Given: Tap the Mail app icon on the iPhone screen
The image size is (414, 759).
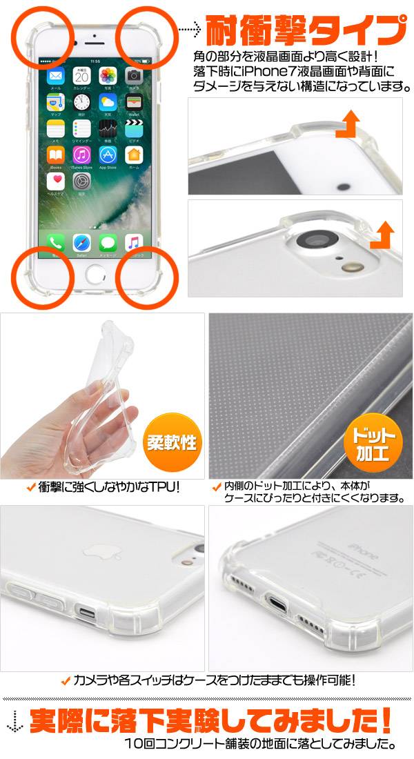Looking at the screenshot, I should [x=56, y=75].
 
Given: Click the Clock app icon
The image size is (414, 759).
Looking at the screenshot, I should [x=81, y=102].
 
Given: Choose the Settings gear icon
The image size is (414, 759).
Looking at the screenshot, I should [x=81, y=181].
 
